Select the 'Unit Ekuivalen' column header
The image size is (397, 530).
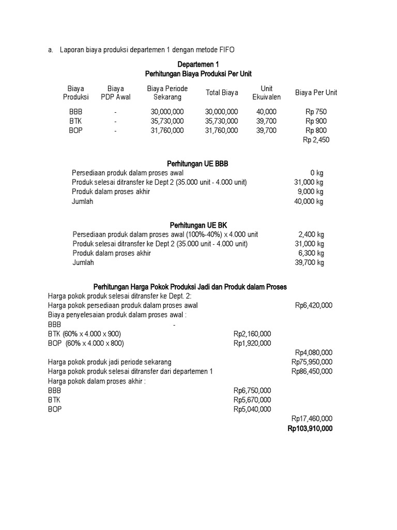266,93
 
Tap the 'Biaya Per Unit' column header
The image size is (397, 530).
316,93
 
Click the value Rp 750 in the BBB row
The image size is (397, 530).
316,112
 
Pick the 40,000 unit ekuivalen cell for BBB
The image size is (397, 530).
266,112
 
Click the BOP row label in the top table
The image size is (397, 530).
75,130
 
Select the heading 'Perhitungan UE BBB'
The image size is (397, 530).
198,164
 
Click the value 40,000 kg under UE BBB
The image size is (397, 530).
309,201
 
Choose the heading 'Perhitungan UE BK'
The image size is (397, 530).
198,225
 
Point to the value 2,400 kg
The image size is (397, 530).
311,234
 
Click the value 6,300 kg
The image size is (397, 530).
311,253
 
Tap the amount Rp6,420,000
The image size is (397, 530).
314,305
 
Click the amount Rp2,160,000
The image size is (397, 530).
252,334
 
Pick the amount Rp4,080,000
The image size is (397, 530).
314,352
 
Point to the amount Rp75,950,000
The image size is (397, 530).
312,362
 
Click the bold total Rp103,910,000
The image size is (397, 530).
310,429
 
